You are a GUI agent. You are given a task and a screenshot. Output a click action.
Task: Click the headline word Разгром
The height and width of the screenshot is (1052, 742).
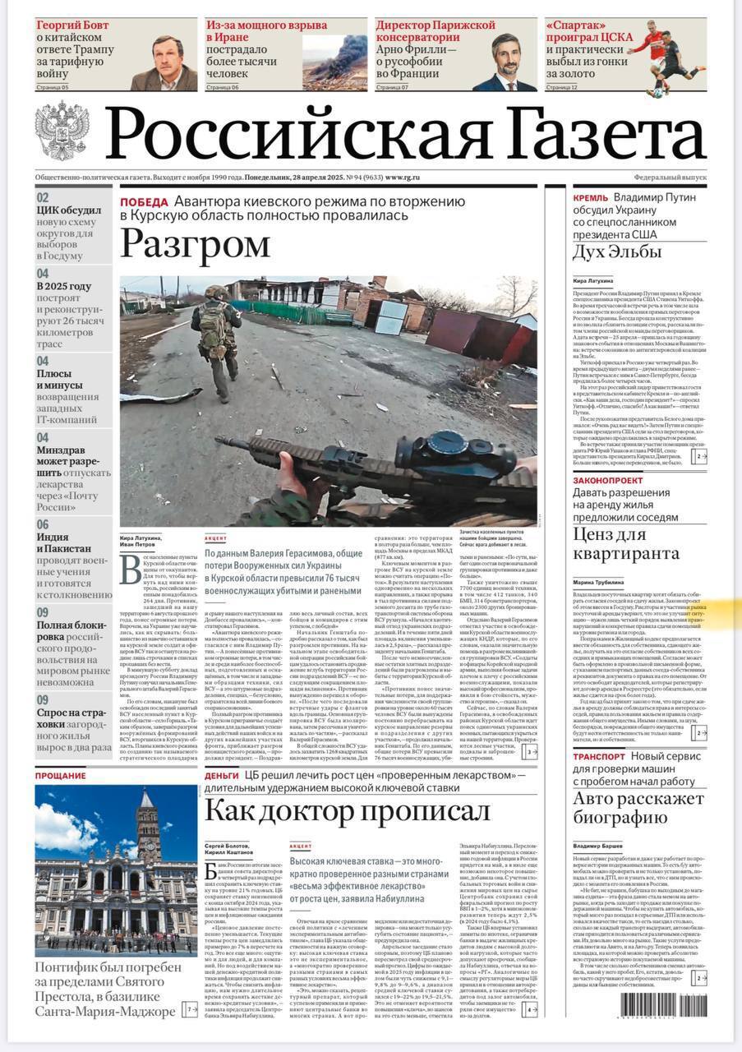(x=196, y=244)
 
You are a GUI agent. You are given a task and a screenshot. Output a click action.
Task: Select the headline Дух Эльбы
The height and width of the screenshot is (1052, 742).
(x=617, y=251)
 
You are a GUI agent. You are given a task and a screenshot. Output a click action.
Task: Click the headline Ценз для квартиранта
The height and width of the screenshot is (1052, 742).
(x=627, y=544)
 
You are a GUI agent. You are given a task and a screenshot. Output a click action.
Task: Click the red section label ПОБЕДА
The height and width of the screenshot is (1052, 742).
(x=144, y=202)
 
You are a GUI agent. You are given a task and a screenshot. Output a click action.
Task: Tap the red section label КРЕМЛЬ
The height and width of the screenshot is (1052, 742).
(x=590, y=198)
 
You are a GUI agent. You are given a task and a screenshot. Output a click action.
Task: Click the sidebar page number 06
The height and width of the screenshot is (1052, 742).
(x=43, y=524)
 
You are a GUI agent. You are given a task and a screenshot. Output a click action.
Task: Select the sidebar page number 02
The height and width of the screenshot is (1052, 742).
(x=43, y=197)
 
